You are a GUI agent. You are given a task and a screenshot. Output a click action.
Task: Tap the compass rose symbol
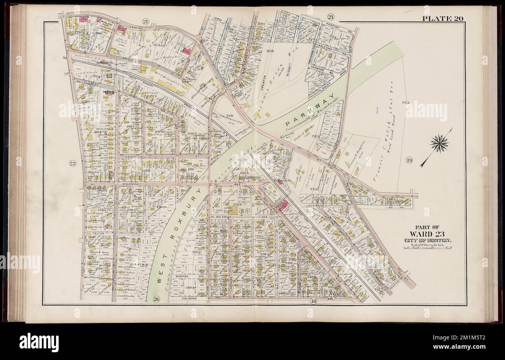439,144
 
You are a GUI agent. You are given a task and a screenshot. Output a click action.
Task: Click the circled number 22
72,163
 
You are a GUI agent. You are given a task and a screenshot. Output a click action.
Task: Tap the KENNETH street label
134,155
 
